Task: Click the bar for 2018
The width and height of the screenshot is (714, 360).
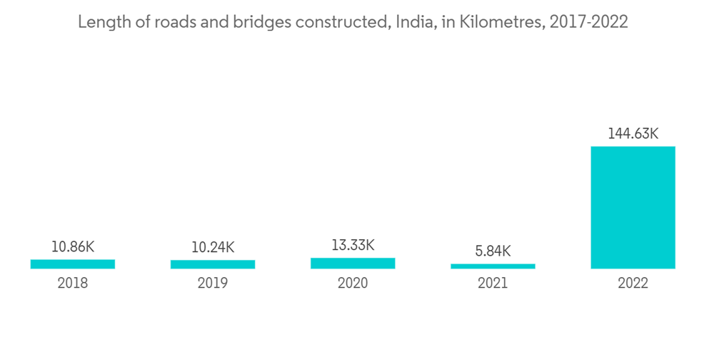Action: click(x=73, y=264)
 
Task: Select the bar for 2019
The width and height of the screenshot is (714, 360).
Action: click(x=213, y=264)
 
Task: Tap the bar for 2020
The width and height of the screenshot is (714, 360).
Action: click(x=353, y=264)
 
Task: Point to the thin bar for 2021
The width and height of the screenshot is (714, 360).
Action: click(x=493, y=266)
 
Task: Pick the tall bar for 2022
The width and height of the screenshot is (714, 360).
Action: click(x=633, y=208)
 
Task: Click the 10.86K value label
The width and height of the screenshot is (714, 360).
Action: click(x=73, y=247)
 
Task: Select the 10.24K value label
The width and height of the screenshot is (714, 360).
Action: click(x=213, y=247)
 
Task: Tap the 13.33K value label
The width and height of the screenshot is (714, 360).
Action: click(x=353, y=246)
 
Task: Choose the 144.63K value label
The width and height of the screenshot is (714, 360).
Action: click(x=633, y=134)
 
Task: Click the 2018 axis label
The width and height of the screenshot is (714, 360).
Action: click(x=73, y=284)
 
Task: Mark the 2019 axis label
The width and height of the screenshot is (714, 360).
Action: click(x=213, y=284)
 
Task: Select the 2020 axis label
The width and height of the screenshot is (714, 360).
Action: click(x=353, y=284)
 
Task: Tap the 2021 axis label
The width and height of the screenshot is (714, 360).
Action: click(x=493, y=284)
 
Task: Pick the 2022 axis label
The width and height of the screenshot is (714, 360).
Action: click(x=633, y=284)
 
